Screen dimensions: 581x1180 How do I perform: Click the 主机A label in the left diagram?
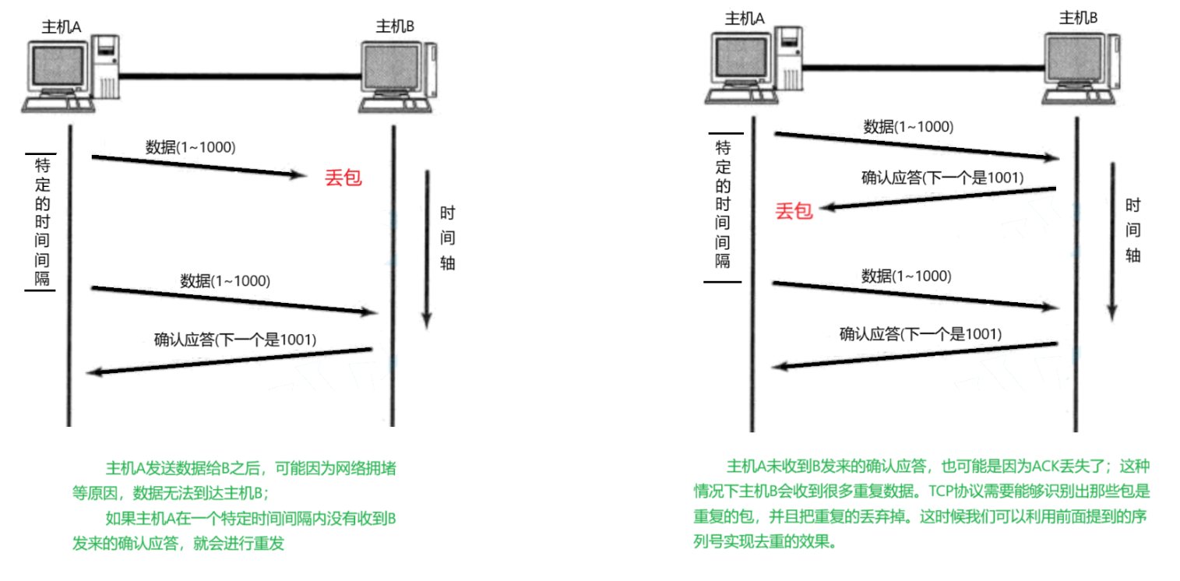(x=62, y=27)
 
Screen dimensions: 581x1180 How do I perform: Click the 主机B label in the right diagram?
(x=1078, y=17)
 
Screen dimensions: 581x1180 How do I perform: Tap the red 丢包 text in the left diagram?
(x=343, y=178)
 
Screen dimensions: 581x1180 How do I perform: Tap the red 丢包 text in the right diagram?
(x=794, y=211)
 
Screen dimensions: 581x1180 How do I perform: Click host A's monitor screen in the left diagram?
(x=57, y=67)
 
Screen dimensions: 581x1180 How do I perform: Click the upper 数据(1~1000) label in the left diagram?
(x=190, y=146)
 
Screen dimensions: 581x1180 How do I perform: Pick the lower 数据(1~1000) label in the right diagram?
(x=906, y=276)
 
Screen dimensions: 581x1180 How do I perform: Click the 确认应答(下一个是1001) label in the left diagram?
(x=235, y=340)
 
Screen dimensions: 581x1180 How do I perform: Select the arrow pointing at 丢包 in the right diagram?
(x=939, y=198)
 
